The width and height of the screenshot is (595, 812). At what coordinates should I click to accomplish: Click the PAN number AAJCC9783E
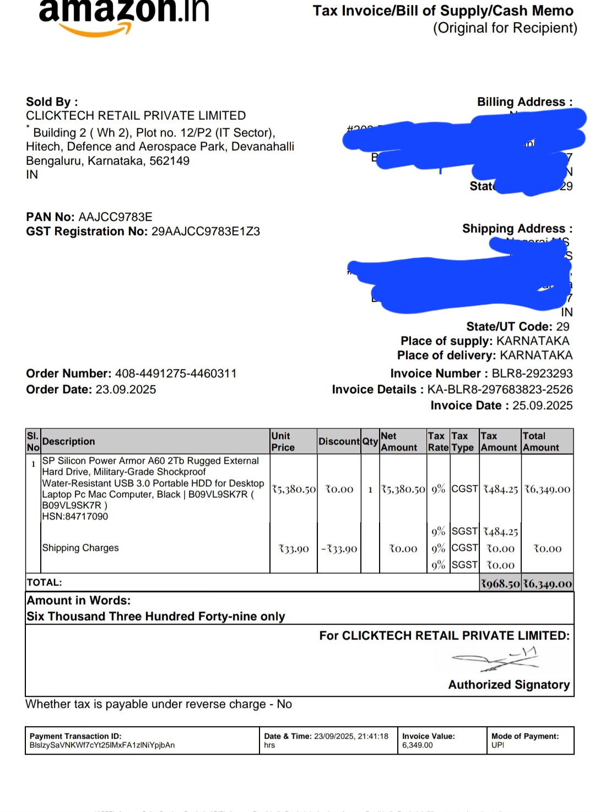click(x=115, y=217)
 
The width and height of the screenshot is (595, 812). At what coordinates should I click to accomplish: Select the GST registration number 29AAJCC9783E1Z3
click(x=205, y=231)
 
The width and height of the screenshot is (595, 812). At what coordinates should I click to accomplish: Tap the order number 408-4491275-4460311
click(x=176, y=373)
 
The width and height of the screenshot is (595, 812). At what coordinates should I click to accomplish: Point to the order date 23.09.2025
click(x=126, y=389)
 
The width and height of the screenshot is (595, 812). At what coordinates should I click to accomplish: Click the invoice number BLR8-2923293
click(x=532, y=373)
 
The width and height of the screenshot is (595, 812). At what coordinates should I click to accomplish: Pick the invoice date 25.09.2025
click(x=542, y=405)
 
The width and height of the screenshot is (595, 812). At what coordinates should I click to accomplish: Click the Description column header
click(x=68, y=441)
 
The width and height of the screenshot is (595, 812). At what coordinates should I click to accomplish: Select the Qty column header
click(x=370, y=441)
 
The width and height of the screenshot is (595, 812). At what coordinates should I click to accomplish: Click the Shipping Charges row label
click(x=80, y=548)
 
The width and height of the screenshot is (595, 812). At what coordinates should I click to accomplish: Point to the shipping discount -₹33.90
click(x=339, y=549)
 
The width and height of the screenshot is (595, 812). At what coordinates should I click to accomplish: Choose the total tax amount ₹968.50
click(x=500, y=583)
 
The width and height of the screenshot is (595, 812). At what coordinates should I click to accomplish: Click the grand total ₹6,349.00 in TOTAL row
click(x=548, y=583)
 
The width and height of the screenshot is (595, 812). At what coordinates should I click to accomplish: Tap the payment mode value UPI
click(x=497, y=745)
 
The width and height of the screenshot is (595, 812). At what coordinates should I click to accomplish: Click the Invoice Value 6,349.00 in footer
click(x=417, y=745)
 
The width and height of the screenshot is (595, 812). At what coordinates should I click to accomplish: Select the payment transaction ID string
click(x=102, y=745)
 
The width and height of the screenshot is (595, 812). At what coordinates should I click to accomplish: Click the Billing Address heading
click(x=524, y=102)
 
